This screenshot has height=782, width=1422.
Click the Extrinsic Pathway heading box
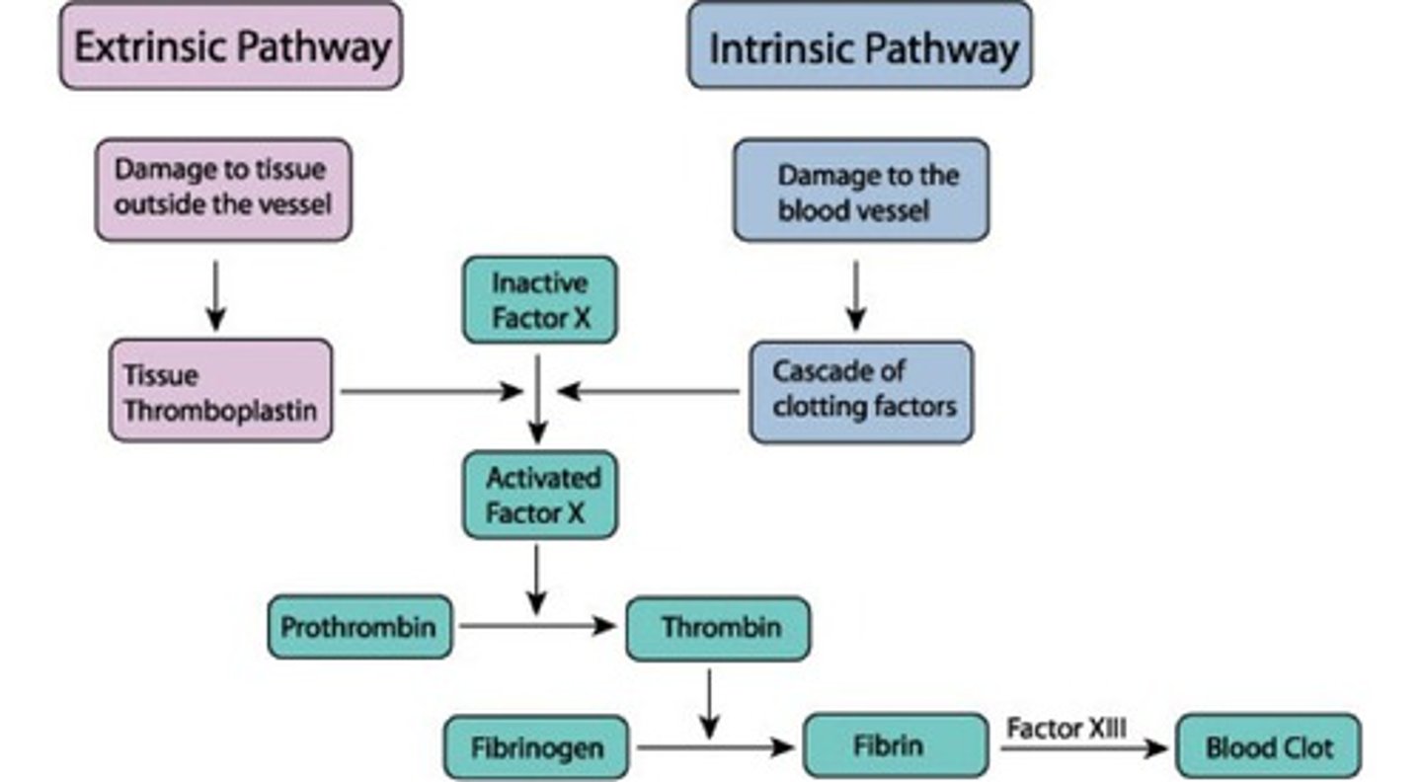click(x=231, y=46)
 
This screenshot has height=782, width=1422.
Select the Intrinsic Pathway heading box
click(x=860, y=46)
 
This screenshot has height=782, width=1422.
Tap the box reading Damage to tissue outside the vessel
click(x=223, y=190)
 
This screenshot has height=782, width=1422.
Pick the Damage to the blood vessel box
click(x=860, y=191)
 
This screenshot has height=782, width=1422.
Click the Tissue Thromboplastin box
click(x=221, y=391)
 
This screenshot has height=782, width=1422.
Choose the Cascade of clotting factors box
click(x=861, y=391)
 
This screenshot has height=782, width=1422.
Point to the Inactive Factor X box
click(x=539, y=300)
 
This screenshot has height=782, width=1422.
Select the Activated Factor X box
click(x=539, y=495)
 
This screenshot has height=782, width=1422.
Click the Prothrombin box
click(x=359, y=627)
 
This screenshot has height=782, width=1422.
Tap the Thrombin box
click(x=718, y=627)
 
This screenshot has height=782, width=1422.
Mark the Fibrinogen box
click(x=536, y=747)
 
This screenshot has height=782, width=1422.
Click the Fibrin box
click(x=895, y=745)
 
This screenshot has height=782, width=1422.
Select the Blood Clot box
click(x=1268, y=746)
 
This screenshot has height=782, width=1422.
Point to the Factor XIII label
click(x=1066, y=729)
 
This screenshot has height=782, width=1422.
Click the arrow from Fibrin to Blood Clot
click(x=1082, y=748)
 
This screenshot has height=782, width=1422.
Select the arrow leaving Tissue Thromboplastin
click(x=431, y=392)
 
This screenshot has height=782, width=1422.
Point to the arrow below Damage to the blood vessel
click(x=856, y=294)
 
